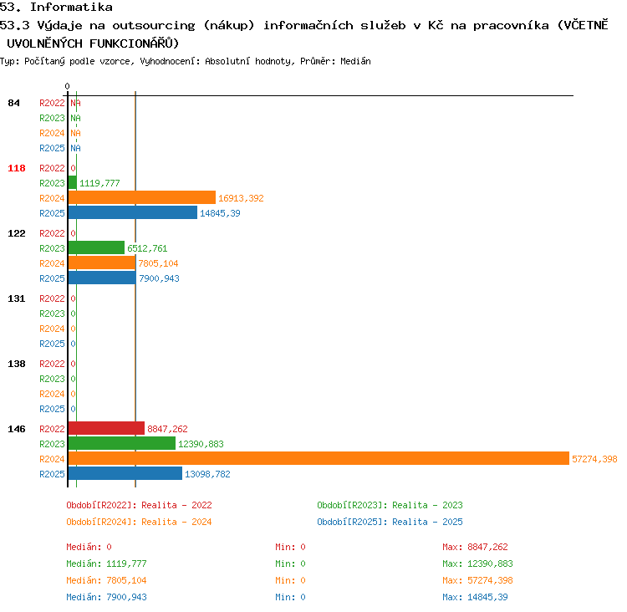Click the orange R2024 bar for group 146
pyautogui.click(x=319, y=458)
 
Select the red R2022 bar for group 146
pyautogui.click(x=106, y=428)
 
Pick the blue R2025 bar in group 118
pyautogui.click(x=133, y=212)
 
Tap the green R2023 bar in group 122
pyautogui.click(x=96, y=247)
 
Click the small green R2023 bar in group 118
pyautogui.click(x=73, y=182)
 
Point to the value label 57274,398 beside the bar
pyautogui.click(x=594, y=459)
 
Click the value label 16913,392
pyautogui.click(x=241, y=198)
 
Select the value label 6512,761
pyautogui.click(x=147, y=248)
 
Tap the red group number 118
pyautogui.click(x=17, y=168)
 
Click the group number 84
pyautogui.click(x=13, y=103)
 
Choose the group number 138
pyautogui.click(x=17, y=364)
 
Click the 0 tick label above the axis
pyautogui.click(x=67, y=86)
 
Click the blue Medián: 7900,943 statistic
pyautogui.click(x=106, y=597)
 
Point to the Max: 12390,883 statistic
pyautogui.click(x=477, y=564)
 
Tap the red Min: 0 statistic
pyautogui.click(x=290, y=547)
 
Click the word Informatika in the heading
pyautogui.click(x=71, y=8)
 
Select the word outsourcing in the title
pyautogui.click(x=154, y=26)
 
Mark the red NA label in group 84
pyautogui.click(x=75, y=103)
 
